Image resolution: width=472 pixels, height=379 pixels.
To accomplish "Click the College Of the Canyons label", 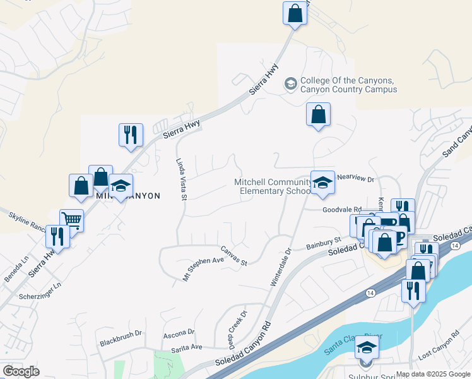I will [x=348, y=85].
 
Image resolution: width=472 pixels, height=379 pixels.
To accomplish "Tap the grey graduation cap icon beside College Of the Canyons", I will [x=291, y=83].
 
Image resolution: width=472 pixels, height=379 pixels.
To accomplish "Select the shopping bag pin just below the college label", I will [x=319, y=116].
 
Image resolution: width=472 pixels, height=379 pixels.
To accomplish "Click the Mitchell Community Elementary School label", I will [x=273, y=186].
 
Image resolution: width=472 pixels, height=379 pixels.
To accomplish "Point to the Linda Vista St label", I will [x=182, y=180].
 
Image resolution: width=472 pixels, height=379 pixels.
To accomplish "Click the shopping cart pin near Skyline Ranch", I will [x=72, y=220].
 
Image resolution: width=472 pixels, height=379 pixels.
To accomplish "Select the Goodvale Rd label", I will [x=341, y=209].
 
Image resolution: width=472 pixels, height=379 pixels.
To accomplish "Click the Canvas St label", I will [x=233, y=255].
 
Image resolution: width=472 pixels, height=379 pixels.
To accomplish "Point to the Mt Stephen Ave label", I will [x=203, y=268].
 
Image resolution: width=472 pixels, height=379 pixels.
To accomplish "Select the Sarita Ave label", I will [x=187, y=348].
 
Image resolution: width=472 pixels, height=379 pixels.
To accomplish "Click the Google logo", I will [x=21, y=371].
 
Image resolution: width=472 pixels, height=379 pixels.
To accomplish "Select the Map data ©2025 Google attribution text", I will [x=432, y=374].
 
